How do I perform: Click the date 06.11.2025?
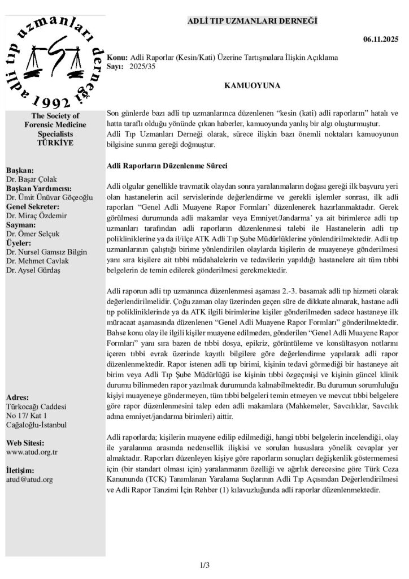380,39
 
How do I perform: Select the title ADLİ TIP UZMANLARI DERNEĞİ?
253,21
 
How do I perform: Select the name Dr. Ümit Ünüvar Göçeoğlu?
50,197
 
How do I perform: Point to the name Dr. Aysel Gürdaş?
33,270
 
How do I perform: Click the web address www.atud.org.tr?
32,452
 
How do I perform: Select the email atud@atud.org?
29,479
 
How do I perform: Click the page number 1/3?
204,564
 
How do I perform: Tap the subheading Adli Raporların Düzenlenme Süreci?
167,166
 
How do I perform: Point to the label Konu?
118,58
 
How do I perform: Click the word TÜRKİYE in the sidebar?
55,142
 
